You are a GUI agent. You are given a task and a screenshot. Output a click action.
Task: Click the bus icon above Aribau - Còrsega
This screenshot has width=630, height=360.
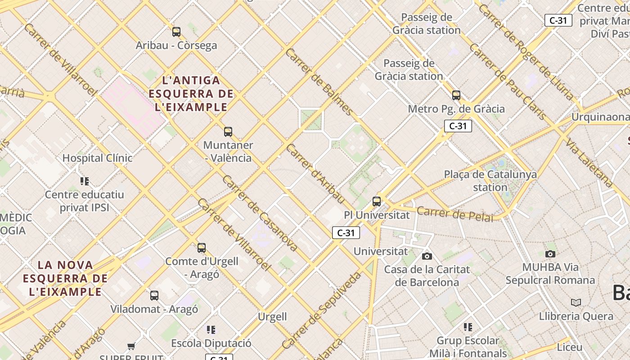point(176,32)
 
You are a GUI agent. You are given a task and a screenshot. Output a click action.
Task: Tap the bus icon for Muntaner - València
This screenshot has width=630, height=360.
point(228,132)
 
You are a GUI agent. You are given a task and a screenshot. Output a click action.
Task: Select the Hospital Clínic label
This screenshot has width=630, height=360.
point(97,158)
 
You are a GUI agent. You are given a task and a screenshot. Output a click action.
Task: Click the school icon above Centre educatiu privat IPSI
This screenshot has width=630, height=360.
point(85,181)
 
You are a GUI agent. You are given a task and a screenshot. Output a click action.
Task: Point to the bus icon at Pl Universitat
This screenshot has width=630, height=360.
point(377,202)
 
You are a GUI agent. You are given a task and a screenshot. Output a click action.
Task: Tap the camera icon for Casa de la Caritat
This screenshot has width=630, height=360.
point(427,256)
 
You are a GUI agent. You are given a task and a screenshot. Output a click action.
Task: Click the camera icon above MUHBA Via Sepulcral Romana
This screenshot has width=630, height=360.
point(550,254)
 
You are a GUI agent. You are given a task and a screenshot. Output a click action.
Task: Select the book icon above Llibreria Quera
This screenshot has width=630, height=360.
point(576,302)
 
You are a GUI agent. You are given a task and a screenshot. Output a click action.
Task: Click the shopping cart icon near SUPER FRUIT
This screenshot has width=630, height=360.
point(131,346)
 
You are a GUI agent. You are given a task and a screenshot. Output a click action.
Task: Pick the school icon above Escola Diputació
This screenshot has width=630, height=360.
point(211,330)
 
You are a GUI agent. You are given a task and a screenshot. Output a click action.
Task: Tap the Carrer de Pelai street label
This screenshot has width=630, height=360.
point(454,214)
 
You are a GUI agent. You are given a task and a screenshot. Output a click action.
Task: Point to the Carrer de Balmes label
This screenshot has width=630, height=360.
point(319,81)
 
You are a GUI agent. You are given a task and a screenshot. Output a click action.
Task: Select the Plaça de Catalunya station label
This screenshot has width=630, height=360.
point(490,180)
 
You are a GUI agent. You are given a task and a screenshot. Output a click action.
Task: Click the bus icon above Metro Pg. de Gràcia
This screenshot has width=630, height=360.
point(456,95)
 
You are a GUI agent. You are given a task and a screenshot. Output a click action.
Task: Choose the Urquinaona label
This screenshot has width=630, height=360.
point(600,117)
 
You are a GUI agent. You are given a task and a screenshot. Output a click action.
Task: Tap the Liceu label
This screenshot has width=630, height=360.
point(569,347)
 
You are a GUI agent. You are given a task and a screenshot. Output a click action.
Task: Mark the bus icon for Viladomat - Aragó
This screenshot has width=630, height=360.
point(154,296)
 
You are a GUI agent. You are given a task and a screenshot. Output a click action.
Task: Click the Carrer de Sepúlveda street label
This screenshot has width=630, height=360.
point(321,310)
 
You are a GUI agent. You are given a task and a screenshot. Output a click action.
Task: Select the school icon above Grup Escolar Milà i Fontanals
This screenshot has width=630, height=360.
point(468,327)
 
